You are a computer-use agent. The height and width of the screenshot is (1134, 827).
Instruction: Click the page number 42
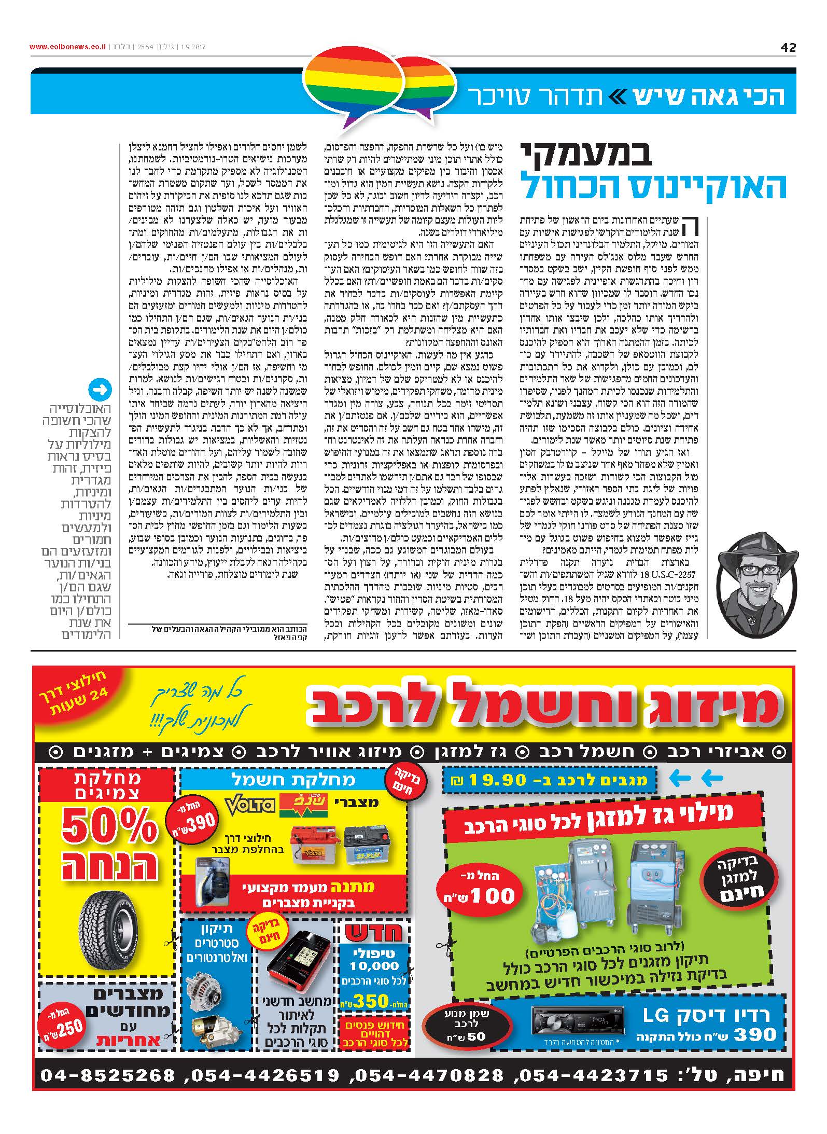[x=788, y=48]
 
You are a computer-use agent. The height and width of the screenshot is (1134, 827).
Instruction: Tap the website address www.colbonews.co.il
[x=68, y=47]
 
